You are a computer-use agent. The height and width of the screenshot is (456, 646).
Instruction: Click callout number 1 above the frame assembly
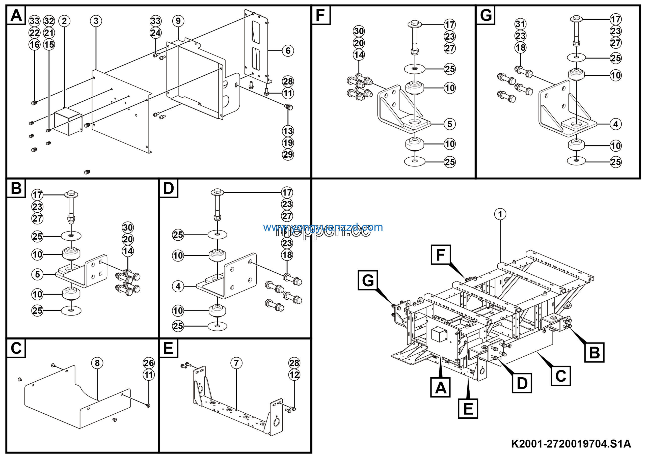(x=500, y=214)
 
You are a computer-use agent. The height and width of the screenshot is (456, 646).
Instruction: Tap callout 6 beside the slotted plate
(x=288, y=51)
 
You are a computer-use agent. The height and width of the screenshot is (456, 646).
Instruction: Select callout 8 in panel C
(x=97, y=363)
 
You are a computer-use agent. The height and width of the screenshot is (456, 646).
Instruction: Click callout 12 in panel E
(x=294, y=375)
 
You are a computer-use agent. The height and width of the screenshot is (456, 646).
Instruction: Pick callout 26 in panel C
(x=149, y=363)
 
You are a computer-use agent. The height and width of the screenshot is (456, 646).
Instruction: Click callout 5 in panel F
(x=450, y=124)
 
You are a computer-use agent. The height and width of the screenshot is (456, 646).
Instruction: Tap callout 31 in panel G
(x=521, y=24)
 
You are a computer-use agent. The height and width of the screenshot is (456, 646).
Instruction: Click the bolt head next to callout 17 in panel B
(x=71, y=194)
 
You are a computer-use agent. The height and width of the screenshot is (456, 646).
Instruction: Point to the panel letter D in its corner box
(x=168, y=188)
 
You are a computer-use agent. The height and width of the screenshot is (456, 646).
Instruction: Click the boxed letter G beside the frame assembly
(x=368, y=280)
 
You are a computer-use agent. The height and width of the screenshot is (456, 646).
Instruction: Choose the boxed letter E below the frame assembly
(x=468, y=408)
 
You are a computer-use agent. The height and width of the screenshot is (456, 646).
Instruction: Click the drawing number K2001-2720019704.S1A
(x=571, y=444)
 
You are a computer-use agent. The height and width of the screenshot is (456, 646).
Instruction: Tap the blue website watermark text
(x=323, y=227)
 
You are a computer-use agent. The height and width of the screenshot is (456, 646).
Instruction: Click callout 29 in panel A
(x=288, y=154)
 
